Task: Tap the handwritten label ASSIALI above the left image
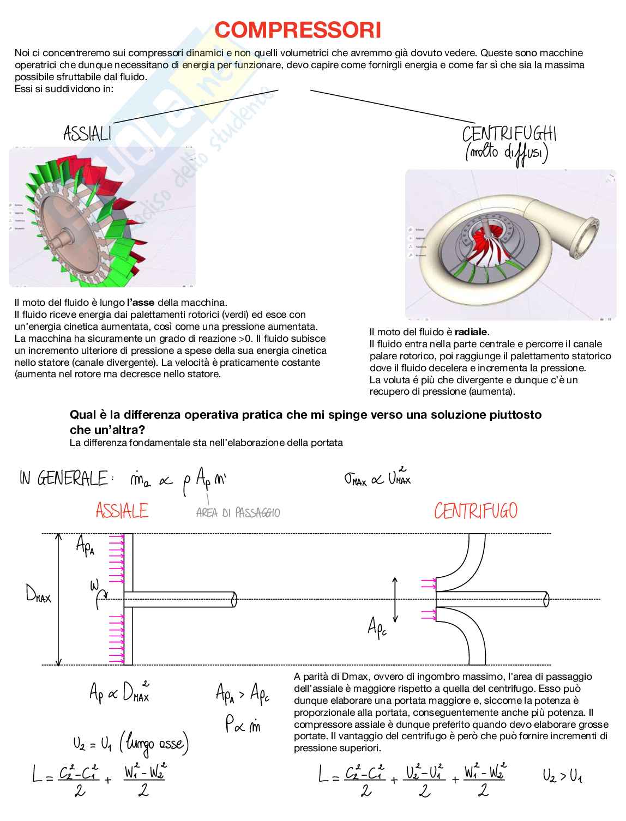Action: (87, 134)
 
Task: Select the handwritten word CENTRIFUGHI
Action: (509, 134)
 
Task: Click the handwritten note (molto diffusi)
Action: (507, 154)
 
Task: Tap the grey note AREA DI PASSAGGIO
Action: (238, 513)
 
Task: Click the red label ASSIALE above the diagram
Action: (122, 511)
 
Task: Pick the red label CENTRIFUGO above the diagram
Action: (475, 511)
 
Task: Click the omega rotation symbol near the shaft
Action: (99, 591)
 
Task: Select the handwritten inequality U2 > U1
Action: (563, 776)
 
